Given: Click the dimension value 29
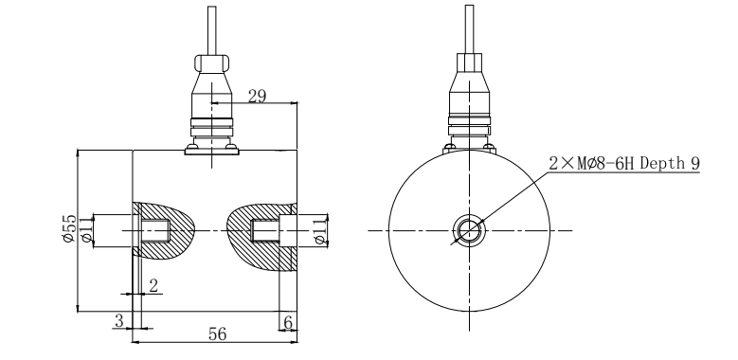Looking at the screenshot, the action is coord(257,96).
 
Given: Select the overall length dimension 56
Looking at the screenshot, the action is coord(218,334).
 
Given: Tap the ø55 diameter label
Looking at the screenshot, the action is coord(69,228).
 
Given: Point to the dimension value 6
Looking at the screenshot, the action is coord(288,323).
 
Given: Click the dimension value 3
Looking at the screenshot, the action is coord(119,321).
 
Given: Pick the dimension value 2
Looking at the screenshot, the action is coord(153,286).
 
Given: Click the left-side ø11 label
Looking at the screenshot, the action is coord(86,229).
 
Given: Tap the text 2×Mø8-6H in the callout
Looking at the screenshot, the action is coord(592,163).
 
